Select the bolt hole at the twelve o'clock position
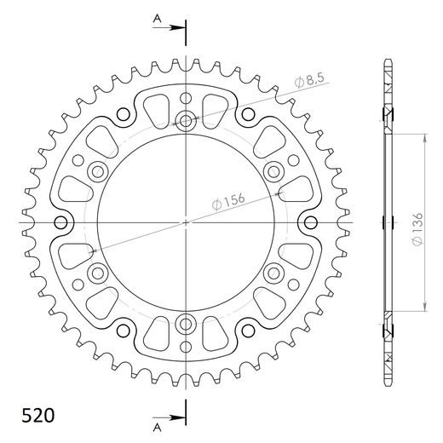click(x=186, y=121)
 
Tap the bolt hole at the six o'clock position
click(x=186, y=324)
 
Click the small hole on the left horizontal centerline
click(x=60, y=223)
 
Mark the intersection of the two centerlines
click(x=186, y=223)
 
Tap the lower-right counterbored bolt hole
click(x=273, y=273)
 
